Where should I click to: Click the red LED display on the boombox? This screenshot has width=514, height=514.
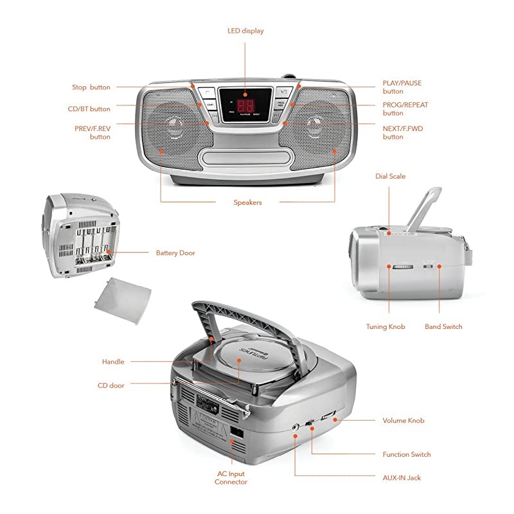coord(245,106)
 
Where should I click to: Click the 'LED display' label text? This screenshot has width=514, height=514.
coord(245,31)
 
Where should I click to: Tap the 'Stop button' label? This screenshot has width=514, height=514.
coord(91,87)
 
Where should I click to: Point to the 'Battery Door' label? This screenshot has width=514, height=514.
coord(175,253)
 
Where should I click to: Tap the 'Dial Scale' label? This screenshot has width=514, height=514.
coord(391,176)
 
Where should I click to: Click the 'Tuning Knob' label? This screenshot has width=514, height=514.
coord(385,327)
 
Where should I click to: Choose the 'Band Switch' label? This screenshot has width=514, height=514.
coord(443,327)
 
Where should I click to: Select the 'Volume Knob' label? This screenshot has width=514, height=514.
coord(403,421)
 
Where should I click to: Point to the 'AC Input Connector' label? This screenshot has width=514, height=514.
coord(231,477)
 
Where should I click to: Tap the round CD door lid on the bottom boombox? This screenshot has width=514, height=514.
coord(240,360)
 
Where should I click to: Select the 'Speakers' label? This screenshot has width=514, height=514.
coord(247,202)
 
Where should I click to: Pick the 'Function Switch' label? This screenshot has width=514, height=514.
coord(407,455)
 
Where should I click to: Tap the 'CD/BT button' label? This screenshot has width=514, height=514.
coord(89,109)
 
